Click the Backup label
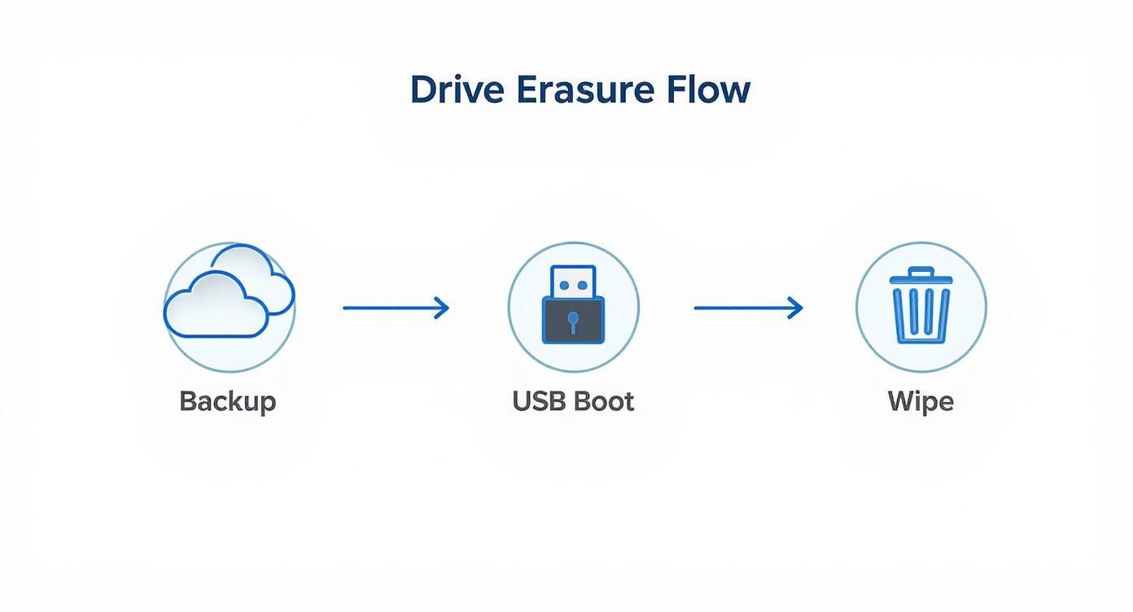(228, 401)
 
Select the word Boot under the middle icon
(604, 401)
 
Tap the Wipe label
(921, 401)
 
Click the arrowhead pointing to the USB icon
(442, 308)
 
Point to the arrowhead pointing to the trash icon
(795, 308)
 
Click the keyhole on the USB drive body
(573, 321)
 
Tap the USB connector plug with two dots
(573, 282)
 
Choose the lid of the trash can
(921, 281)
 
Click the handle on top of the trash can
(921, 270)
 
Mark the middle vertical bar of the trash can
(921, 312)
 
